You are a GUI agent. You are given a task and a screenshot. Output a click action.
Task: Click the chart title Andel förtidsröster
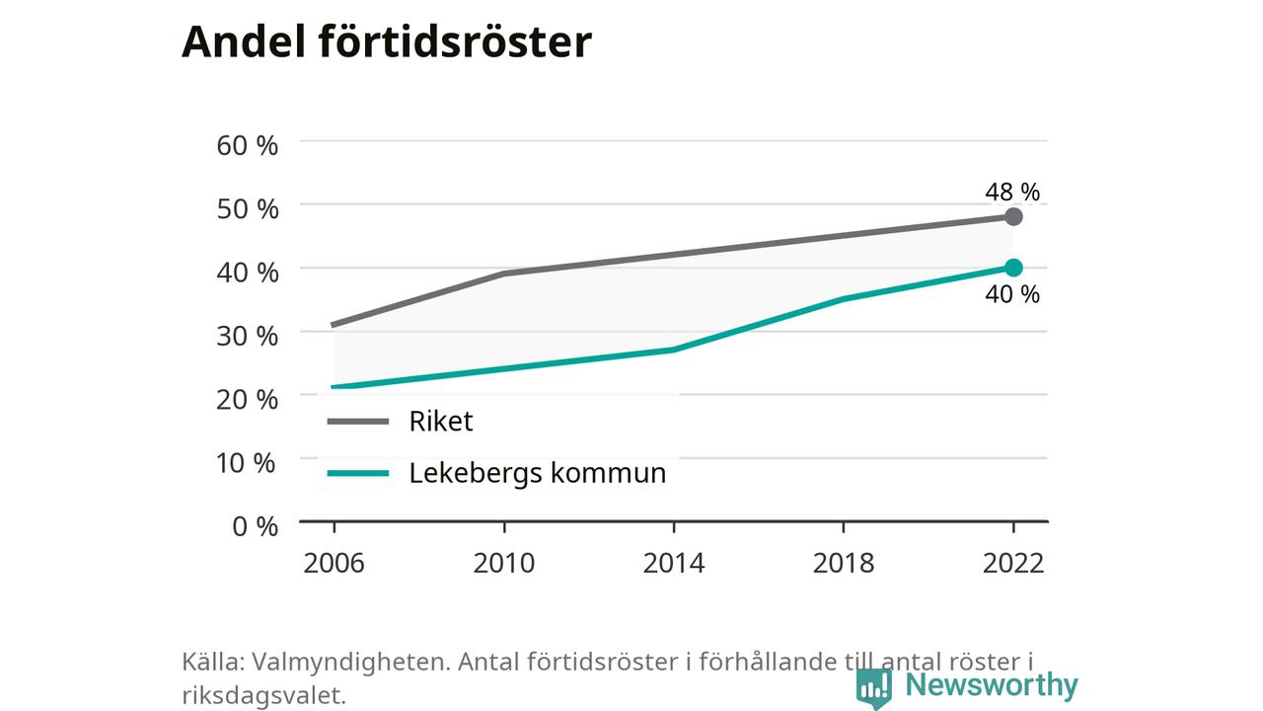[386, 41]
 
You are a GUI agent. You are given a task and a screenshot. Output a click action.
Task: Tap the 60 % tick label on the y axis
[247, 145]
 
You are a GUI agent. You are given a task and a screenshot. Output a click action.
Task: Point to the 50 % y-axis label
[247, 209]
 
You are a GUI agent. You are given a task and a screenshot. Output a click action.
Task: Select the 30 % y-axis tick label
[247, 337]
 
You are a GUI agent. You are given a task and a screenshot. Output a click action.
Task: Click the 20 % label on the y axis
[247, 400]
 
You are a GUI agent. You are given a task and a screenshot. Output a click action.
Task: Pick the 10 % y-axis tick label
[246, 463]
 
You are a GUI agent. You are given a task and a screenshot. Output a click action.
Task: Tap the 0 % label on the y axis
[255, 526]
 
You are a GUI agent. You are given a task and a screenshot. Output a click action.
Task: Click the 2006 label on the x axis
[334, 563]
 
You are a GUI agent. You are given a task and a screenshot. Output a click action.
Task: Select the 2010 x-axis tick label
[503, 563]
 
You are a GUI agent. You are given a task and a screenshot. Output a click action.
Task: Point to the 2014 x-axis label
[674, 563]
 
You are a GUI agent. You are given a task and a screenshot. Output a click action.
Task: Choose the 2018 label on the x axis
[844, 563]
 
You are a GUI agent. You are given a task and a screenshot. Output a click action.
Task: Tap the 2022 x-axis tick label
[1013, 563]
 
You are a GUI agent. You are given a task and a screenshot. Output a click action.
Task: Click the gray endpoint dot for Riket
[1013, 216]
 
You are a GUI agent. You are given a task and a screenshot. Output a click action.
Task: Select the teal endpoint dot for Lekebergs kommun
[1013, 268]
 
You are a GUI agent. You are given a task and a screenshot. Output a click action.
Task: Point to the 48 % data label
[1012, 192]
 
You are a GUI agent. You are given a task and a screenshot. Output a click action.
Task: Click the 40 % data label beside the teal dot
[1012, 294]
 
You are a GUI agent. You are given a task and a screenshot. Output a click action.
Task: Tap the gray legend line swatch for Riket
[358, 422]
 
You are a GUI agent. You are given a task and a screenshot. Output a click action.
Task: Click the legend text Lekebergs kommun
[538, 473]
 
